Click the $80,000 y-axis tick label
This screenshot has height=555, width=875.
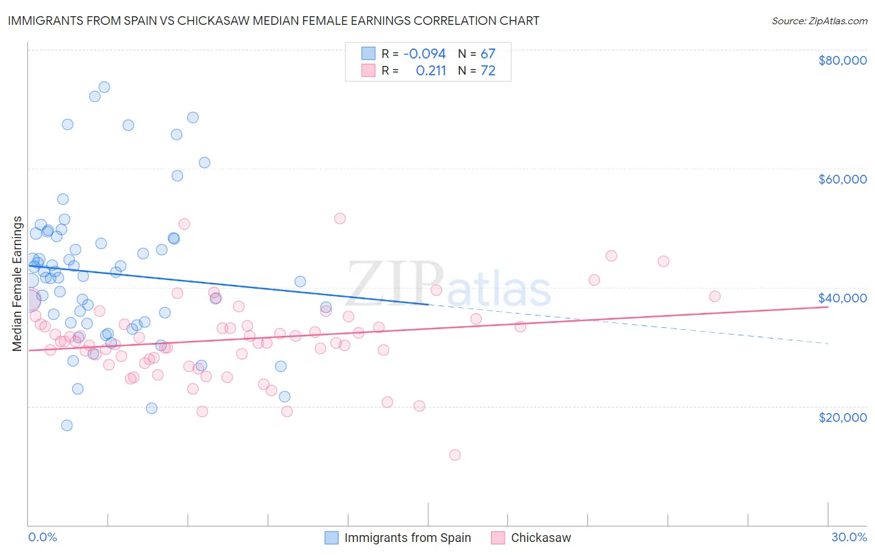[x=842, y=60]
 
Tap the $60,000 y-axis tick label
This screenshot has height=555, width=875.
[x=842, y=179]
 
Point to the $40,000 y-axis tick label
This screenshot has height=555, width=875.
[x=842, y=298]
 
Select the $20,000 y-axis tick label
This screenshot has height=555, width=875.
[x=842, y=417]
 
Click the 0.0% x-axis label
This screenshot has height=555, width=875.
[x=42, y=537]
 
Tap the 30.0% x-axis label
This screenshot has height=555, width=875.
[x=849, y=537]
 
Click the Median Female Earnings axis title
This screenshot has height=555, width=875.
[x=17, y=284]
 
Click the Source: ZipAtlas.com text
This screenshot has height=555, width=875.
[x=819, y=21]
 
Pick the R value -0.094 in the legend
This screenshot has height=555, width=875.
[x=424, y=54]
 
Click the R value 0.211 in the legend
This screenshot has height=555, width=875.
[x=431, y=71]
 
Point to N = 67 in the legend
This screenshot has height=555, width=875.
[x=477, y=54]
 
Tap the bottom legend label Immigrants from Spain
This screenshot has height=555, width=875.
[x=408, y=538]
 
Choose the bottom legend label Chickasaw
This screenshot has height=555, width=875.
[x=541, y=538]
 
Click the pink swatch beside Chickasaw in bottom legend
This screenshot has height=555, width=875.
[x=498, y=538]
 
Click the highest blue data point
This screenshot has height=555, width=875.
[x=104, y=87]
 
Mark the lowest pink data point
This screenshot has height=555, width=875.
[x=455, y=455]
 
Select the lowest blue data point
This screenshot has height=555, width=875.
[x=67, y=426]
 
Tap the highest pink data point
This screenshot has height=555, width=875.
[x=340, y=218]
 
